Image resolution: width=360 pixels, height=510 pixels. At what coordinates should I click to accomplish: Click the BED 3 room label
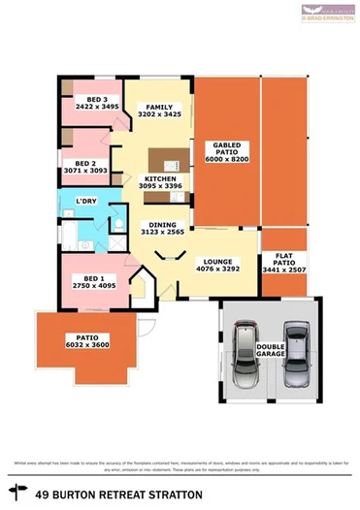coord(96,99)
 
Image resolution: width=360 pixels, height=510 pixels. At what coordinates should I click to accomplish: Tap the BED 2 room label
coord(85,164)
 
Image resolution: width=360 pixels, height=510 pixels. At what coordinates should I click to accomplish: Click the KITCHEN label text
coord(160,179)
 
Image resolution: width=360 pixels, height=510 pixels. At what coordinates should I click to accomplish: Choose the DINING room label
coord(162,225)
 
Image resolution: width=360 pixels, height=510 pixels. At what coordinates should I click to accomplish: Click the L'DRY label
coord(87,202)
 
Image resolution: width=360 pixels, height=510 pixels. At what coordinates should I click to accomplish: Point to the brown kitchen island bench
coord(161,162)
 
